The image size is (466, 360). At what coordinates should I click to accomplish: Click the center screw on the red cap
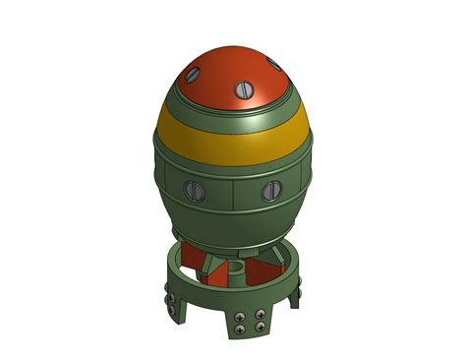click(242, 91)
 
